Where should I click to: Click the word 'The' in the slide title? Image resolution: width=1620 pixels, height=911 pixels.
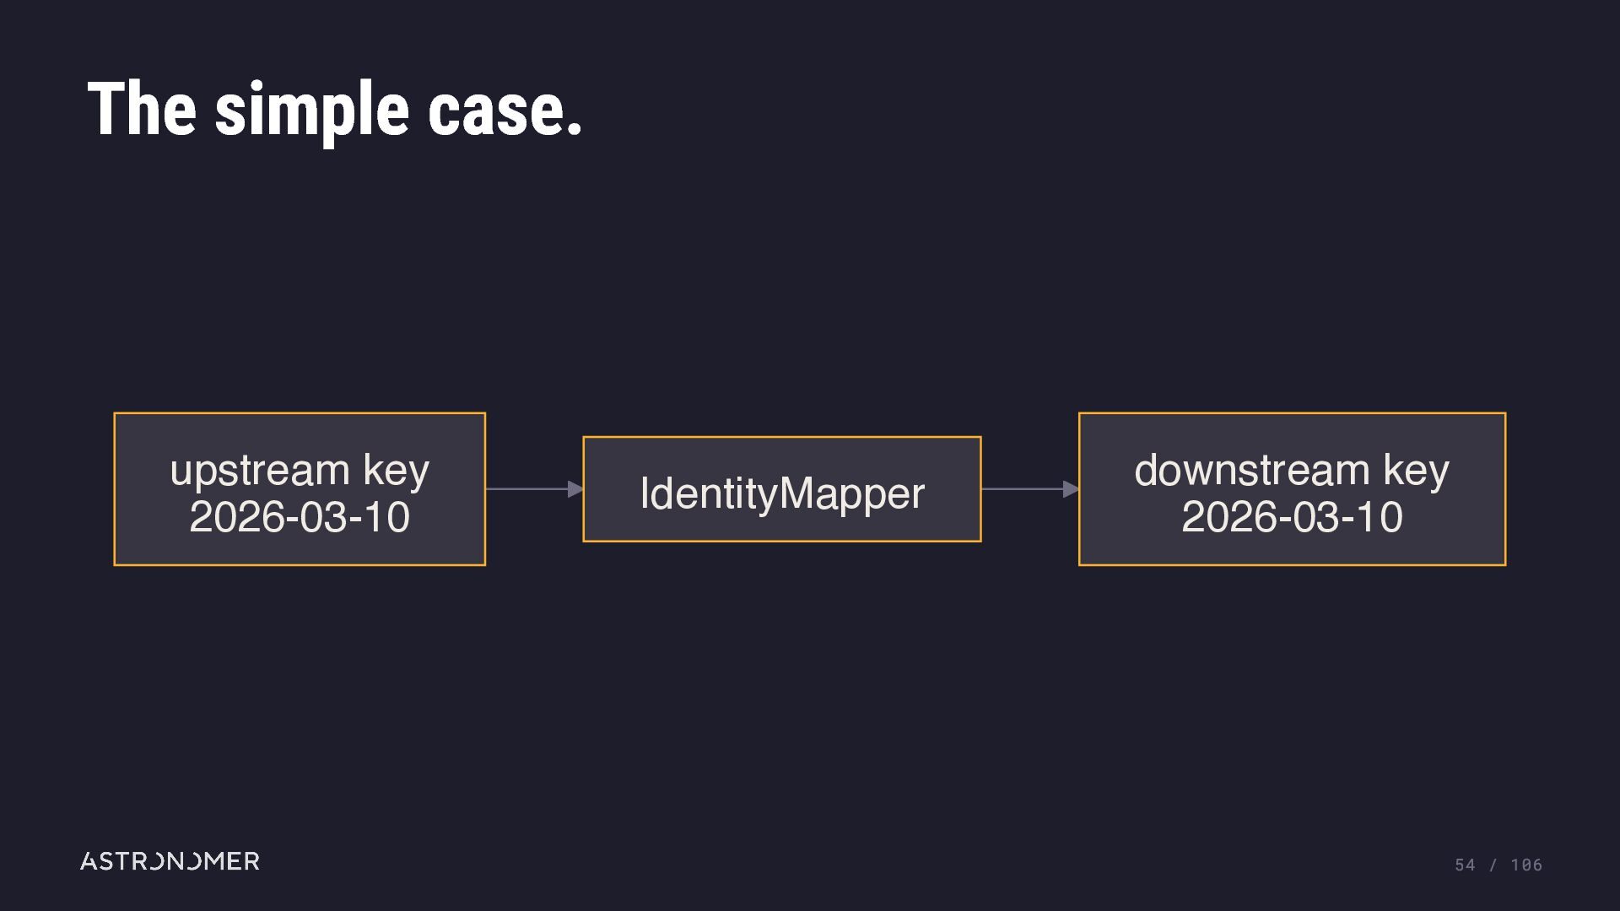click(x=142, y=109)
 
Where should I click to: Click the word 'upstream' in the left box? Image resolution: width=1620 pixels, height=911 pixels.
click(x=260, y=471)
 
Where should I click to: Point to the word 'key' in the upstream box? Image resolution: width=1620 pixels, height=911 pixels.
click(x=397, y=471)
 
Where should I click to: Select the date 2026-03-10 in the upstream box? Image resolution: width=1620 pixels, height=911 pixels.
click(x=300, y=517)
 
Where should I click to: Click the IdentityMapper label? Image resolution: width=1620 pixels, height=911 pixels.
click(x=782, y=494)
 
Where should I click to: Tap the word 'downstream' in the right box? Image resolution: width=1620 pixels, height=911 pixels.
click(x=1252, y=470)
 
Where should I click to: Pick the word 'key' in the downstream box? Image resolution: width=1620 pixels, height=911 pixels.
click(x=1417, y=471)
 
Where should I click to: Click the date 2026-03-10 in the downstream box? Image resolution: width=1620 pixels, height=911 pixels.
click(x=1292, y=517)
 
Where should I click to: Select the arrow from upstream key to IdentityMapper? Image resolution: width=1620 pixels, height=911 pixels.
click(x=534, y=488)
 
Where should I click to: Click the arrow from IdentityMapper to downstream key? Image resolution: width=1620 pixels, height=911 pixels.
click(x=1030, y=488)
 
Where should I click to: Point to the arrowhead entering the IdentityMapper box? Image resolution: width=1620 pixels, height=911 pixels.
click(x=576, y=488)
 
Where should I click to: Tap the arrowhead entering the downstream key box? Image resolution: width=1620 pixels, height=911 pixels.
click(x=1072, y=488)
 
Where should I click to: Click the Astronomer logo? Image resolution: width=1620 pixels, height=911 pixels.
click(x=170, y=861)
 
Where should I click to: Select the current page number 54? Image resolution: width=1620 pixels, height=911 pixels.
click(x=1465, y=865)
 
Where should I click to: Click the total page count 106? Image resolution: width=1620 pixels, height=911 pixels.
click(x=1526, y=865)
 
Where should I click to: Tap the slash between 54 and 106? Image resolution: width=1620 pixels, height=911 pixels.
click(x=1493, y=865)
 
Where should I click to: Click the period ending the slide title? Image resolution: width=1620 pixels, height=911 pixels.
click(x=575, y=128)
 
